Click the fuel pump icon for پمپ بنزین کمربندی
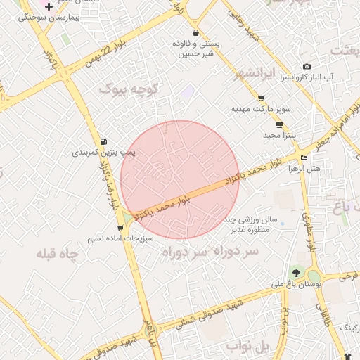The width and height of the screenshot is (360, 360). point(105,141)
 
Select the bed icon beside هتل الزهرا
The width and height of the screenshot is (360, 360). point(304,157)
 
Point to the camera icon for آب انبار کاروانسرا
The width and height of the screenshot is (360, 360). point(307,67)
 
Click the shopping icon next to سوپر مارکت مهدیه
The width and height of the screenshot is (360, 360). point(261,99)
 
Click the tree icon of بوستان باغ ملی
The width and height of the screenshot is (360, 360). point(295,273)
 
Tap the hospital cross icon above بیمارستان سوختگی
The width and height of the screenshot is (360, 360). point(49,6)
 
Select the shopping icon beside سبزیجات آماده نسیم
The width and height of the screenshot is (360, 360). point(120,228)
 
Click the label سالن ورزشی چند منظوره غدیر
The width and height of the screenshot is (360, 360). point(254,224)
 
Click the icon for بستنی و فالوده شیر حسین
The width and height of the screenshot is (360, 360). point(195,32)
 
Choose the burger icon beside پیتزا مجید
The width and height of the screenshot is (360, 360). point(279,124)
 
